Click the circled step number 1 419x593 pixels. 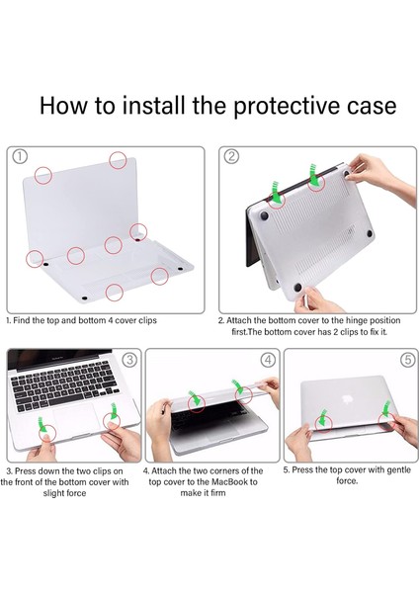click(20, 157)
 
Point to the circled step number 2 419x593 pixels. click(231, 157)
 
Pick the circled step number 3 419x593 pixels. click(127, 360)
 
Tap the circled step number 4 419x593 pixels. click(264, 360)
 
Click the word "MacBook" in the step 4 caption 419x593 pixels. click(234, 482)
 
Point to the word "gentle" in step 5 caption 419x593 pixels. click(383, 469)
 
